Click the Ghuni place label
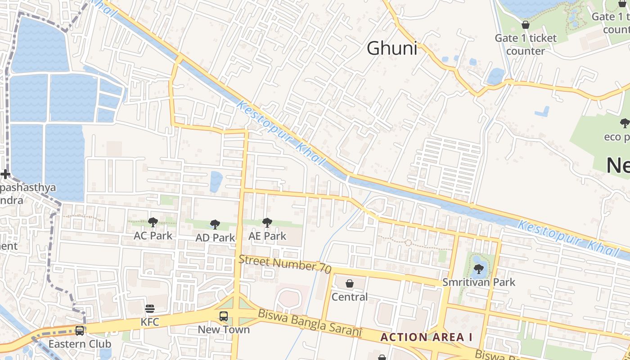[392, 48]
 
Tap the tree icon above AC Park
[153, 222]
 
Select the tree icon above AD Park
[215, 224]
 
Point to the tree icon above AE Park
[267, 222]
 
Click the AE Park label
[267, 236]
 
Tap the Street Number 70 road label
[285, 264]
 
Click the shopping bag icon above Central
[350, 283]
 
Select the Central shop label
[350, 297]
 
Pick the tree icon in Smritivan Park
[478, 269]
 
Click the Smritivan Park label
[479, 283]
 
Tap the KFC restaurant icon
[150, 308]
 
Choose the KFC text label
[150, 322]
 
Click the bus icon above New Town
[224, 316]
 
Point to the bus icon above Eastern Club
[80, 331]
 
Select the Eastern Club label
[80, 344]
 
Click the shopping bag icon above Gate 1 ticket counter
[525, 25]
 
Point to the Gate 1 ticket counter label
[526, 44]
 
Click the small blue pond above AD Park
[216, 181]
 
